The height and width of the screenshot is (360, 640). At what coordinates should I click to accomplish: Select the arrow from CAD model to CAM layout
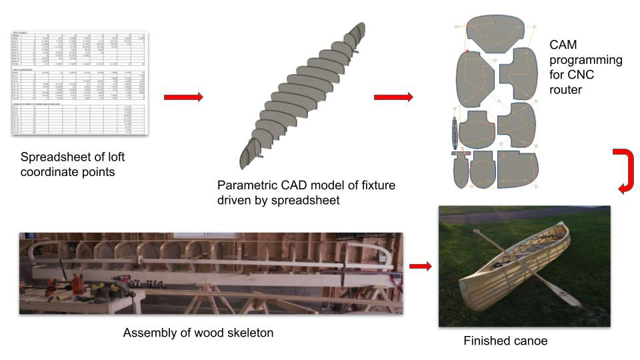point(393,97)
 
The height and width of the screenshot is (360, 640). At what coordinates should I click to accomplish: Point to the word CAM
point(564,45)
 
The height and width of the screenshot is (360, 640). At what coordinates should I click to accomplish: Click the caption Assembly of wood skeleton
point(198,332)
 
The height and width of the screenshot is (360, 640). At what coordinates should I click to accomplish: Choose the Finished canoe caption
point(505,341)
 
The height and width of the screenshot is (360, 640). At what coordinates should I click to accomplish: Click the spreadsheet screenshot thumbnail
point(80,83)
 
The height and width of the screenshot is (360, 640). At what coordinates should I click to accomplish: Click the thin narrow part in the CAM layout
point(453,133)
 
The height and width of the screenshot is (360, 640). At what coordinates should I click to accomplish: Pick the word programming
point(586,61)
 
